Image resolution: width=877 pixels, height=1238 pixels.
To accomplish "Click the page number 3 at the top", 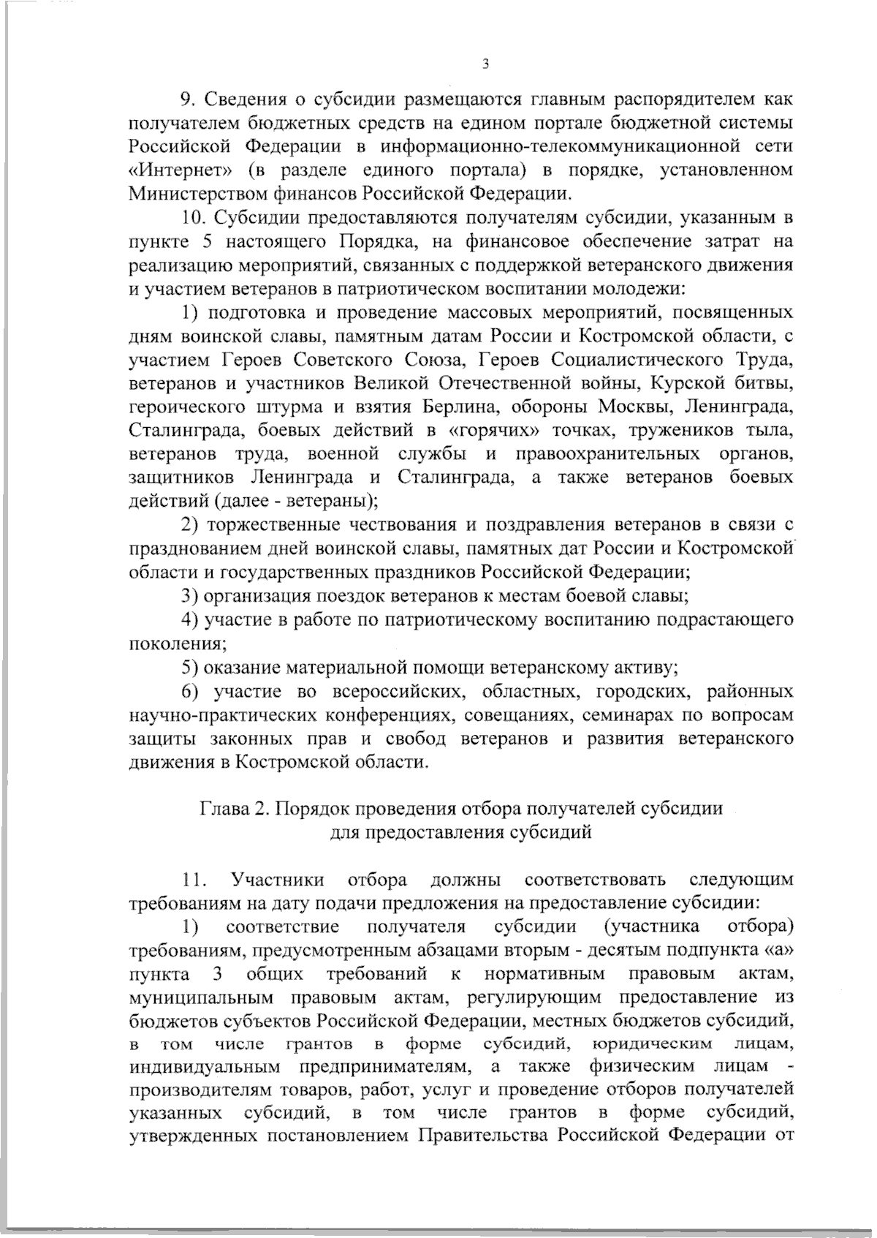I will coord(485,64).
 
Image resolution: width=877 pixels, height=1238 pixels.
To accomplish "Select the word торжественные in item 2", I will coord(267,525).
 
